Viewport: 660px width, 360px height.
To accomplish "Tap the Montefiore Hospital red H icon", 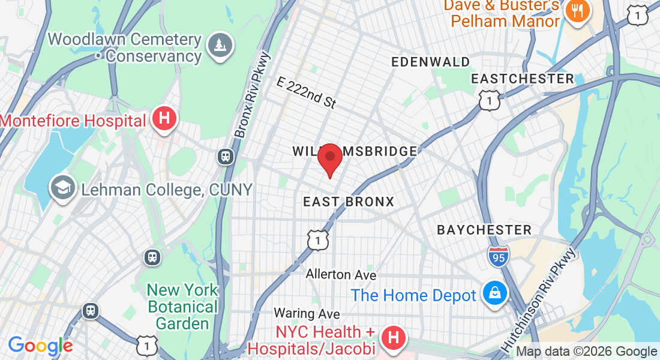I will [x=164, y=119].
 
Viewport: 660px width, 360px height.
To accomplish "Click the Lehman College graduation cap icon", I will [x=62, y=188].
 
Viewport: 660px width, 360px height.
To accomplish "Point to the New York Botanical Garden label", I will [x=182, y=307].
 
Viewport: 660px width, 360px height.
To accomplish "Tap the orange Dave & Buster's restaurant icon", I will [x=579, y=11].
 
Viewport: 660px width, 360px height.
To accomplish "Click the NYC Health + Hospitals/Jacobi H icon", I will [x=394, y=338].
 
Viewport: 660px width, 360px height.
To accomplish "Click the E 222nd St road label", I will [x=306, y=92].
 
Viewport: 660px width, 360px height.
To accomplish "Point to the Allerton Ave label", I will [x=341, y=275].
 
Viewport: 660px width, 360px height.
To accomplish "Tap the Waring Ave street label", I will [x=307, y=314].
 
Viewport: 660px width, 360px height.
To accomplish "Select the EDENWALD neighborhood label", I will [x=431, y=62].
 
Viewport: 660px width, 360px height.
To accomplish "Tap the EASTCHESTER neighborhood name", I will [x=522, y=79].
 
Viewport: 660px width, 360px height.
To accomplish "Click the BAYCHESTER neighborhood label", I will [x=484, y=230].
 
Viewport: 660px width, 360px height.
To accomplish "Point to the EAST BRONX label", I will [x=349, y=202].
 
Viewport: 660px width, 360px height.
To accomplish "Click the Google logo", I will [x=40, y=346].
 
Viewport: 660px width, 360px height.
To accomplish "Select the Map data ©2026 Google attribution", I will [x=586, y=352].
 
